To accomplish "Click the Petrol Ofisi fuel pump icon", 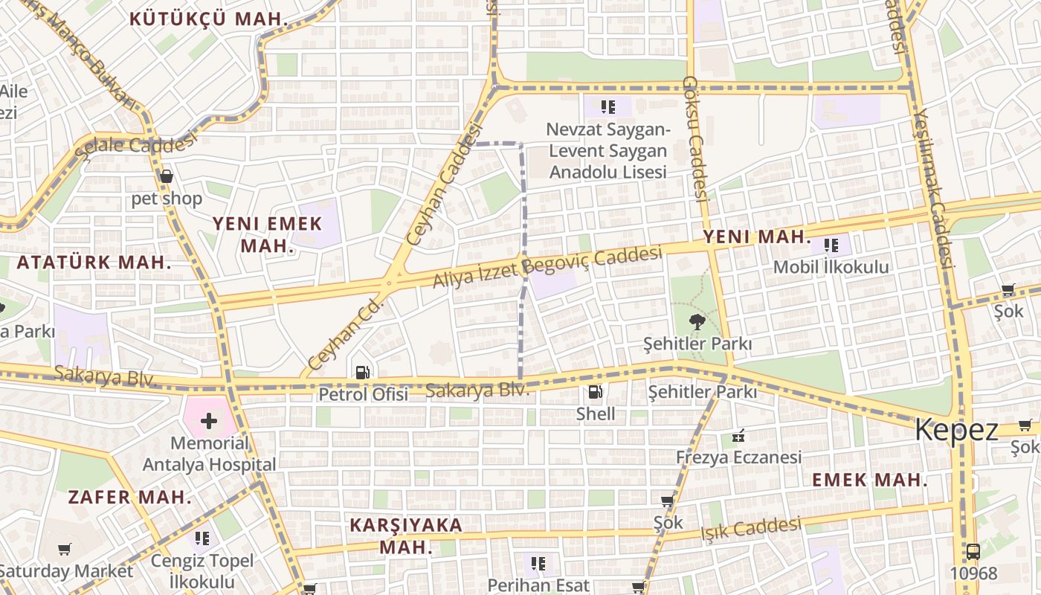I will (362, 372).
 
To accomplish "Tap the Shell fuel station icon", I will (595, 392).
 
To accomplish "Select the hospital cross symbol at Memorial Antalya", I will (209, 421).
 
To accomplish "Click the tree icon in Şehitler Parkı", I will (697, 322).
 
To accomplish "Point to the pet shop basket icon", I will (167, 176).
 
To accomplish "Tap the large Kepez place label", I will (956, 430).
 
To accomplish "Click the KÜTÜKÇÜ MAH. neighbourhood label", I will (209, 20).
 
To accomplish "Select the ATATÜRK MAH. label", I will (94, 263).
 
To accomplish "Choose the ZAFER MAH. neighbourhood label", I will (130, 497).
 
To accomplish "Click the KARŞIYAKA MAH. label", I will (406, 535).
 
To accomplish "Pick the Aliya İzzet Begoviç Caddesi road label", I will (547, 267).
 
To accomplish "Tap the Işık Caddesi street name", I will (752, 529).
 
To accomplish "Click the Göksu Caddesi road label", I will (693, 138).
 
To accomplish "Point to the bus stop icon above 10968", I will (973, 552).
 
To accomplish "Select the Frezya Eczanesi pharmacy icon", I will (738, 436).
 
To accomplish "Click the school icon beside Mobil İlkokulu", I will (831, 245).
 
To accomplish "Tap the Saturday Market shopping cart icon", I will (65, 550).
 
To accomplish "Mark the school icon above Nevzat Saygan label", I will (608, 107).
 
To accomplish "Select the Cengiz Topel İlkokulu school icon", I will (202, 538).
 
